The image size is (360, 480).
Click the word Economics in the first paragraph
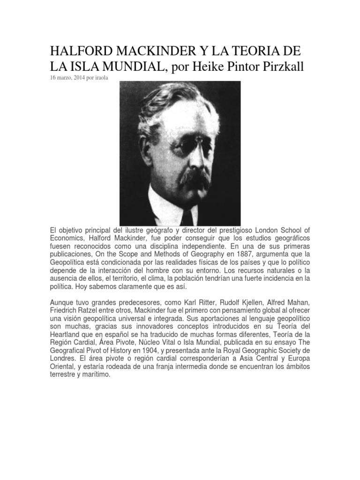coord(66,238)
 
